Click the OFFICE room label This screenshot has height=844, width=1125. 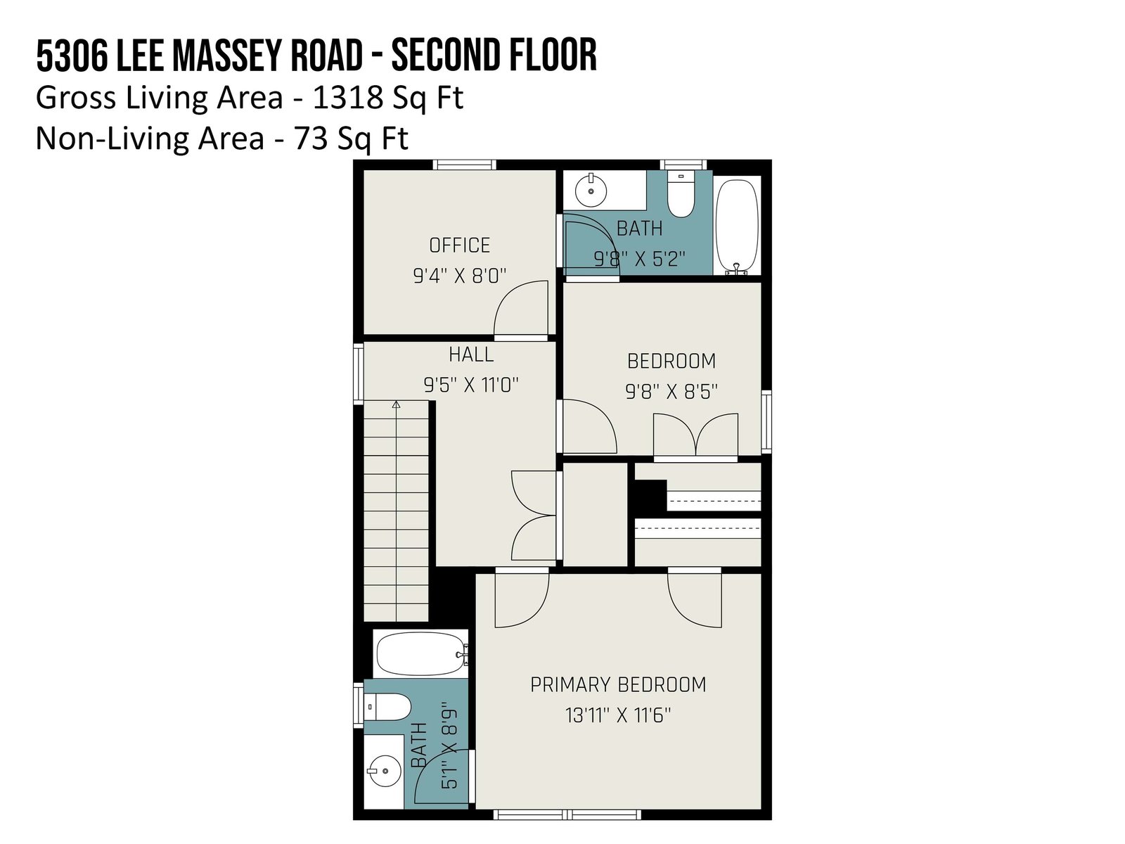459,245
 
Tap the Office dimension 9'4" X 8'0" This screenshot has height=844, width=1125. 459,276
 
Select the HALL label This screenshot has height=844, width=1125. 471,354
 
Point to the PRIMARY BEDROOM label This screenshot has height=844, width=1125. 617,684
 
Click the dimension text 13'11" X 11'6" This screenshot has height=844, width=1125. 617,715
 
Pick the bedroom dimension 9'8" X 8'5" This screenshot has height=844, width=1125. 671,392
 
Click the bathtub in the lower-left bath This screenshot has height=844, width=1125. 420,654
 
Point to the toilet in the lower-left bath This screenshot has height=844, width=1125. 387,707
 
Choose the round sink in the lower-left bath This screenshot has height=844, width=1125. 385,771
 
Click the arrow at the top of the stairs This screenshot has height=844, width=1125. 396,405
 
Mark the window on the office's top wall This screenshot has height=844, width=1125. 464,165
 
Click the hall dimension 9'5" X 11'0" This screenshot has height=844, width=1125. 471,385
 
